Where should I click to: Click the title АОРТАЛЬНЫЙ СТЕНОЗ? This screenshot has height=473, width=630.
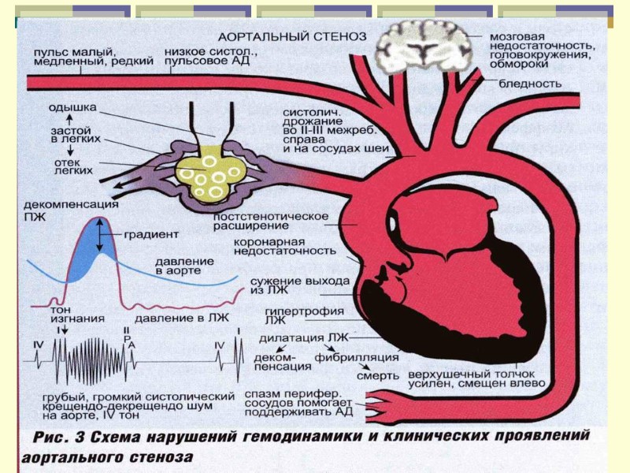292,36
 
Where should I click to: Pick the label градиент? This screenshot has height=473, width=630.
150,234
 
